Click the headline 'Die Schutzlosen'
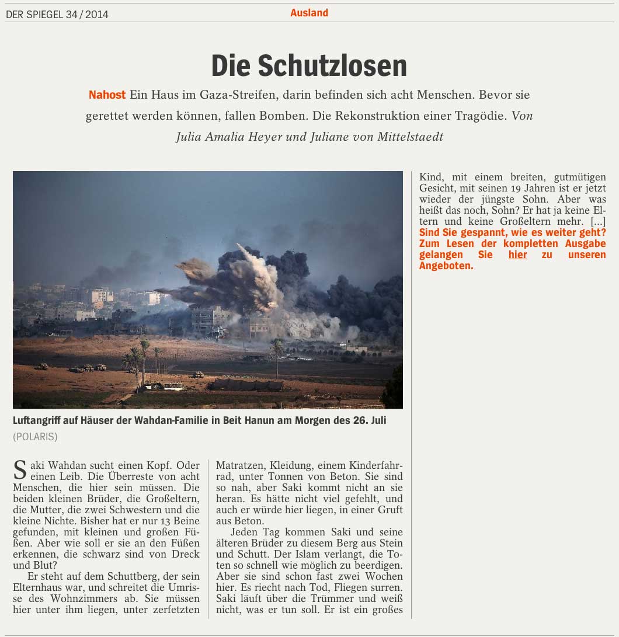click(309, 66)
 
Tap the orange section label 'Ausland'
click(309, 13)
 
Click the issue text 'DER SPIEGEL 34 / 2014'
click(57, 15)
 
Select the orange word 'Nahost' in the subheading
click(107, 95)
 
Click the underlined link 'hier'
click(517, 255)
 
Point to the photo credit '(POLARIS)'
click(35, 436)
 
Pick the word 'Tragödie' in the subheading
click(479, 116)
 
